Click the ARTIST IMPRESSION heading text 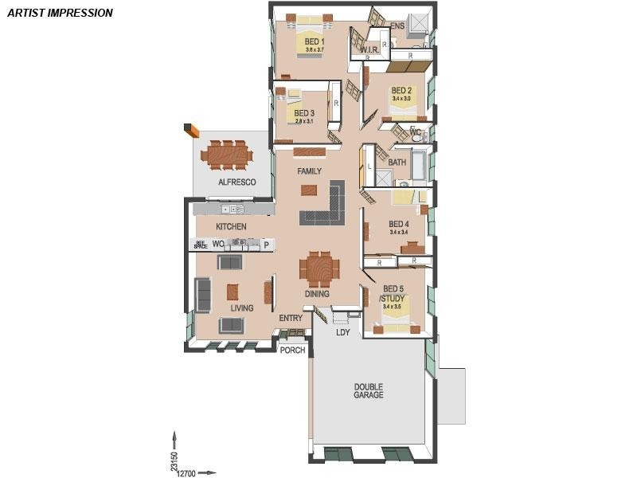pos(60,13)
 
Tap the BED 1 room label pos(315,41)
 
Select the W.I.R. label pos(369,50)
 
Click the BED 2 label pos(401,90)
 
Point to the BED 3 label pos(304,113)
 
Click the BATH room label pos(397,163)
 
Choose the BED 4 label pos(399,224)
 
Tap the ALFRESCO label pos(236,182)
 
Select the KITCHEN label pos(231,227)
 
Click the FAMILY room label pos(309,171)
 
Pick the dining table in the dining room pos(319,269)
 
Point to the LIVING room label pos(242,308)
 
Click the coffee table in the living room pos(233,292)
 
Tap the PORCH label pos(292,350)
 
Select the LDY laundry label pos(343,332)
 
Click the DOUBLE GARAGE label pos(369,391)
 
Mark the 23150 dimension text pos(174,462)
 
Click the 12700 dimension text pos(186,473)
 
